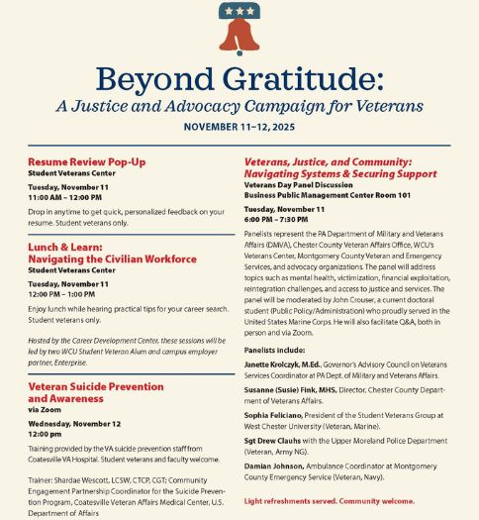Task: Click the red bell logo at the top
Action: click(x=239, y=30)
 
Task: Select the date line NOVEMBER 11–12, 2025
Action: click(x=239, y=127)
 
